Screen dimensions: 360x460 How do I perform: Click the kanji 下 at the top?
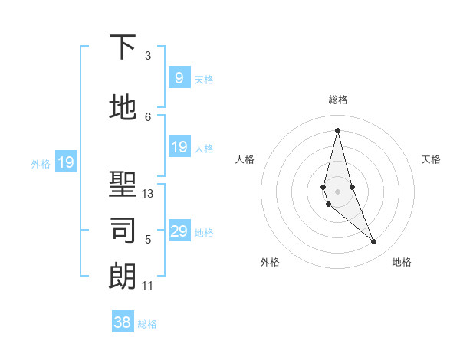(x=123, y=48)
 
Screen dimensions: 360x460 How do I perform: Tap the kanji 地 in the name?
(x=123, y=108)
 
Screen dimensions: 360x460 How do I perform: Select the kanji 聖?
(x=123, y=184)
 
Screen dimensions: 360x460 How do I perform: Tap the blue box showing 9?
(x=179, y=78)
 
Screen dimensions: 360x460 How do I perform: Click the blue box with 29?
(x=179, y=231)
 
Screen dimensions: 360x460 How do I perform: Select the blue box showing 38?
(x=123, y=322)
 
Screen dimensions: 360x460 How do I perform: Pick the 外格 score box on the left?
(x=66, y=162)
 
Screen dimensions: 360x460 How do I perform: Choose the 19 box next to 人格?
(x=179, y=147)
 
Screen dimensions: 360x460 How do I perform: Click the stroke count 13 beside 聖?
(x=148, y=194)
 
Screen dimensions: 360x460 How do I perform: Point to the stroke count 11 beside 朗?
(x=148, y=286)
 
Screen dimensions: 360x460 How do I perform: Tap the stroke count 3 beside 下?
(x=148, y=56)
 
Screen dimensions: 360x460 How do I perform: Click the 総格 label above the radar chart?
(x=338, y=100)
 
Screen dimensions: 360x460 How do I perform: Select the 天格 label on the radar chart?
(x=432, y=159)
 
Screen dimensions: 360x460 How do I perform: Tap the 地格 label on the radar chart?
(x=402, y=262)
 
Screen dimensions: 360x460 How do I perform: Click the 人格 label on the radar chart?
(x=245, y=159)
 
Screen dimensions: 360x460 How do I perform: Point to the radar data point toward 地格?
(x=374, y=242)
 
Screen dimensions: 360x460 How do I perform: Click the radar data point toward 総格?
(x=337, y=130)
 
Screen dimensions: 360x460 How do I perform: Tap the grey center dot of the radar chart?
(x=337, y=190)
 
